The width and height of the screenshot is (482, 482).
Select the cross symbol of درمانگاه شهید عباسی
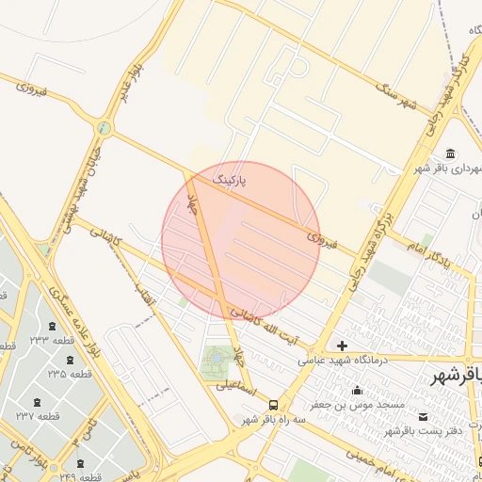click(342, 346)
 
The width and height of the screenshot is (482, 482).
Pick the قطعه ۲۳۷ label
click(39, 415)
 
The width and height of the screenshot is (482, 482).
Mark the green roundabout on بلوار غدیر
click(104, 128)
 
